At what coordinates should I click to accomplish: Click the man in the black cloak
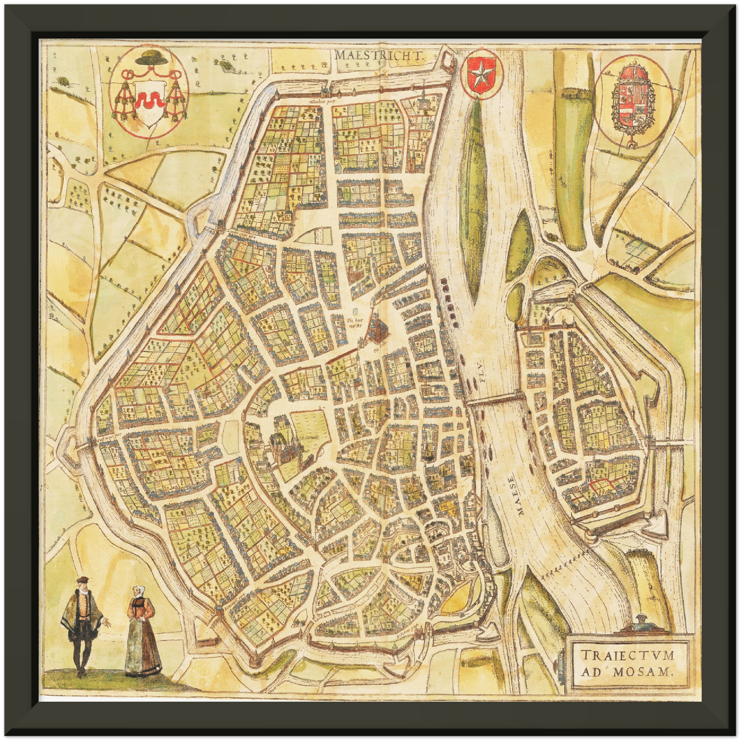(82, 623)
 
